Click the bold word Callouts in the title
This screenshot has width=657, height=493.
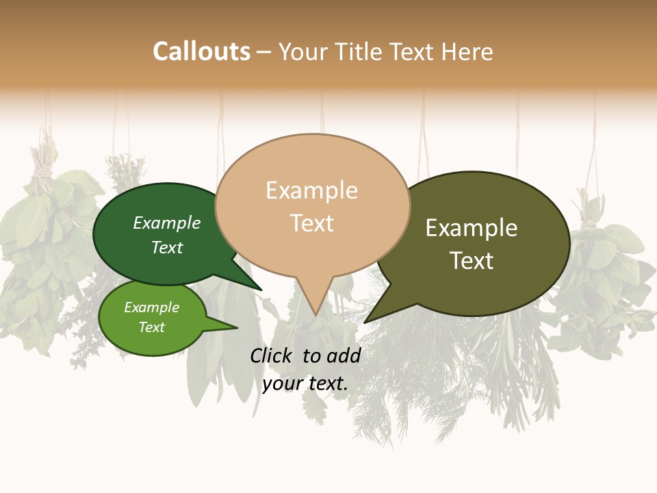[x=201, y=51]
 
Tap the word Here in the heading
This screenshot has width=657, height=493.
[x=467, y=52]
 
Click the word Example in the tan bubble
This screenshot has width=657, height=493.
[x=311, y=190]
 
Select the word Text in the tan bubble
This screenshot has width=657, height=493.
[x=312, y=223]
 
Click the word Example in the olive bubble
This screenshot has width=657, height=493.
[x=472, y=228]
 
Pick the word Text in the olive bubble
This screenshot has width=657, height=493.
[x=472, y=261]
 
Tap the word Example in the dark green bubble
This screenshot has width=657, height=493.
[x=167, y=223]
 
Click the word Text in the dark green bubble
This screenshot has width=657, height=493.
[x=167, y=247]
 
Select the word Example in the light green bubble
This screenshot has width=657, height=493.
[x=152, y=307]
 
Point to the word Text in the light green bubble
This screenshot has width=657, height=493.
[x=152, y=327]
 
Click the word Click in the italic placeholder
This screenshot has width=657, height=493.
[x=272, y=355]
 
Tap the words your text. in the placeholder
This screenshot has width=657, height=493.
[x=305, y=383]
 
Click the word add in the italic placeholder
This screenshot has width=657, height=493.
[x=344, y=355]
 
